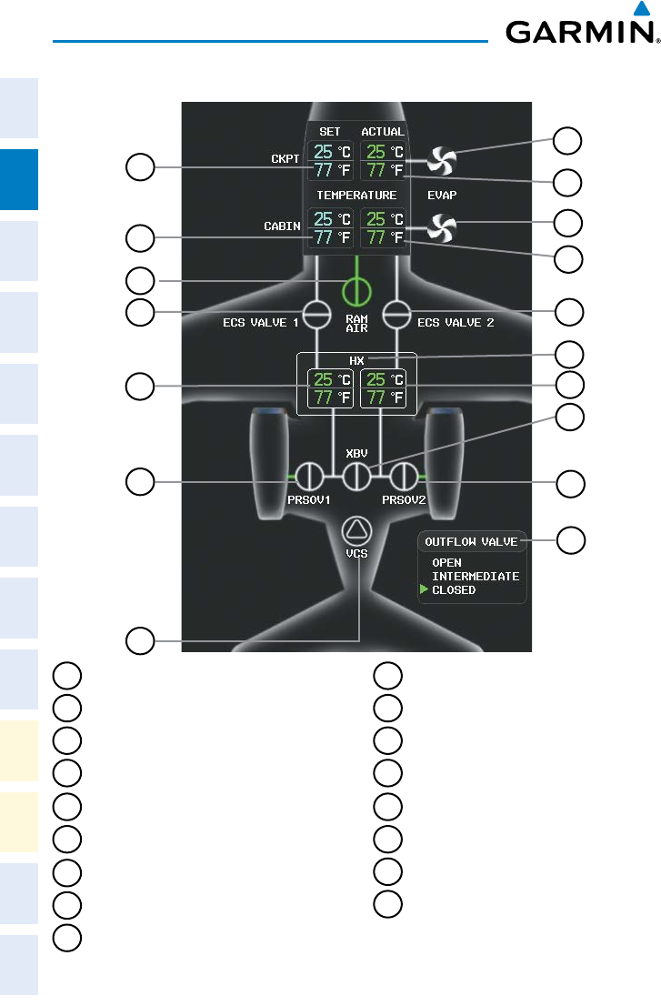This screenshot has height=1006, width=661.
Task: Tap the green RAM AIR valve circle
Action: tap(357, 291)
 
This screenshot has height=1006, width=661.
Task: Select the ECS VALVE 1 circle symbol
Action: tap(316, 314)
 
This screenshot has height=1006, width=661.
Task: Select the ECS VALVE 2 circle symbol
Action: tap(397, 314)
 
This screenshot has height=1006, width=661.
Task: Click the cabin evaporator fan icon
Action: tap(442, 226)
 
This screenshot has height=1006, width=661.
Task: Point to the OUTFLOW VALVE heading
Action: tap(471, 541)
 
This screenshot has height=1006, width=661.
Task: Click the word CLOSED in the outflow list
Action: tap(454, 590)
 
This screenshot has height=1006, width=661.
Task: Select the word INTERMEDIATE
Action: tap(476, 577)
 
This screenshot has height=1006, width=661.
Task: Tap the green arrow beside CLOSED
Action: tap(424, 590)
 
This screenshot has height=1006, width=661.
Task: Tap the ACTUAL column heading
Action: tap(383, 132)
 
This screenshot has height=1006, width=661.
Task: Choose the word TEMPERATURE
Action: tap(356, 195)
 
